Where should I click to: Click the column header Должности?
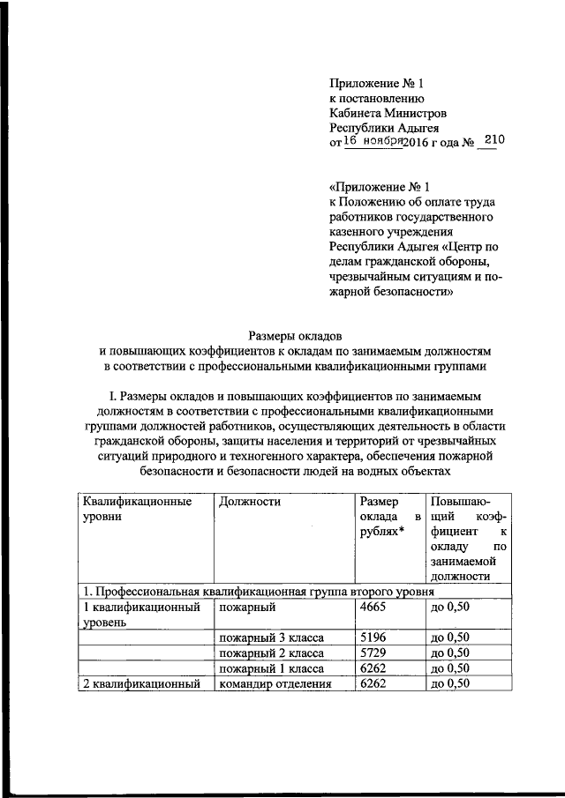[x=248, y=502]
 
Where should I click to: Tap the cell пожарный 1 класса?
[x=262, y=669]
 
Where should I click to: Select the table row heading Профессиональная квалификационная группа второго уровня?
[x=256, y=592]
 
